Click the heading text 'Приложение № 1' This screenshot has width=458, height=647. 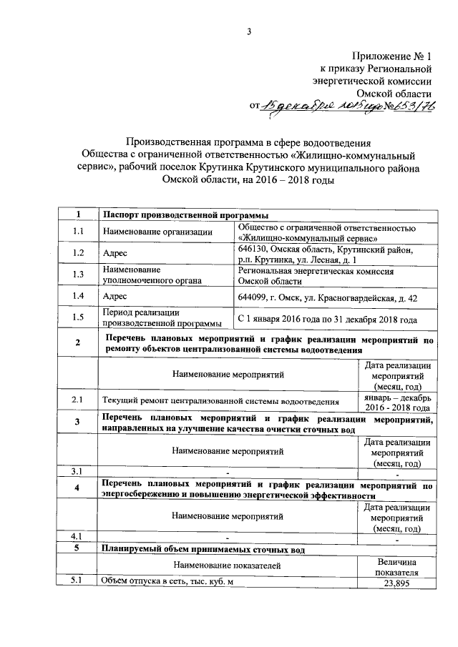pos(393,56)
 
